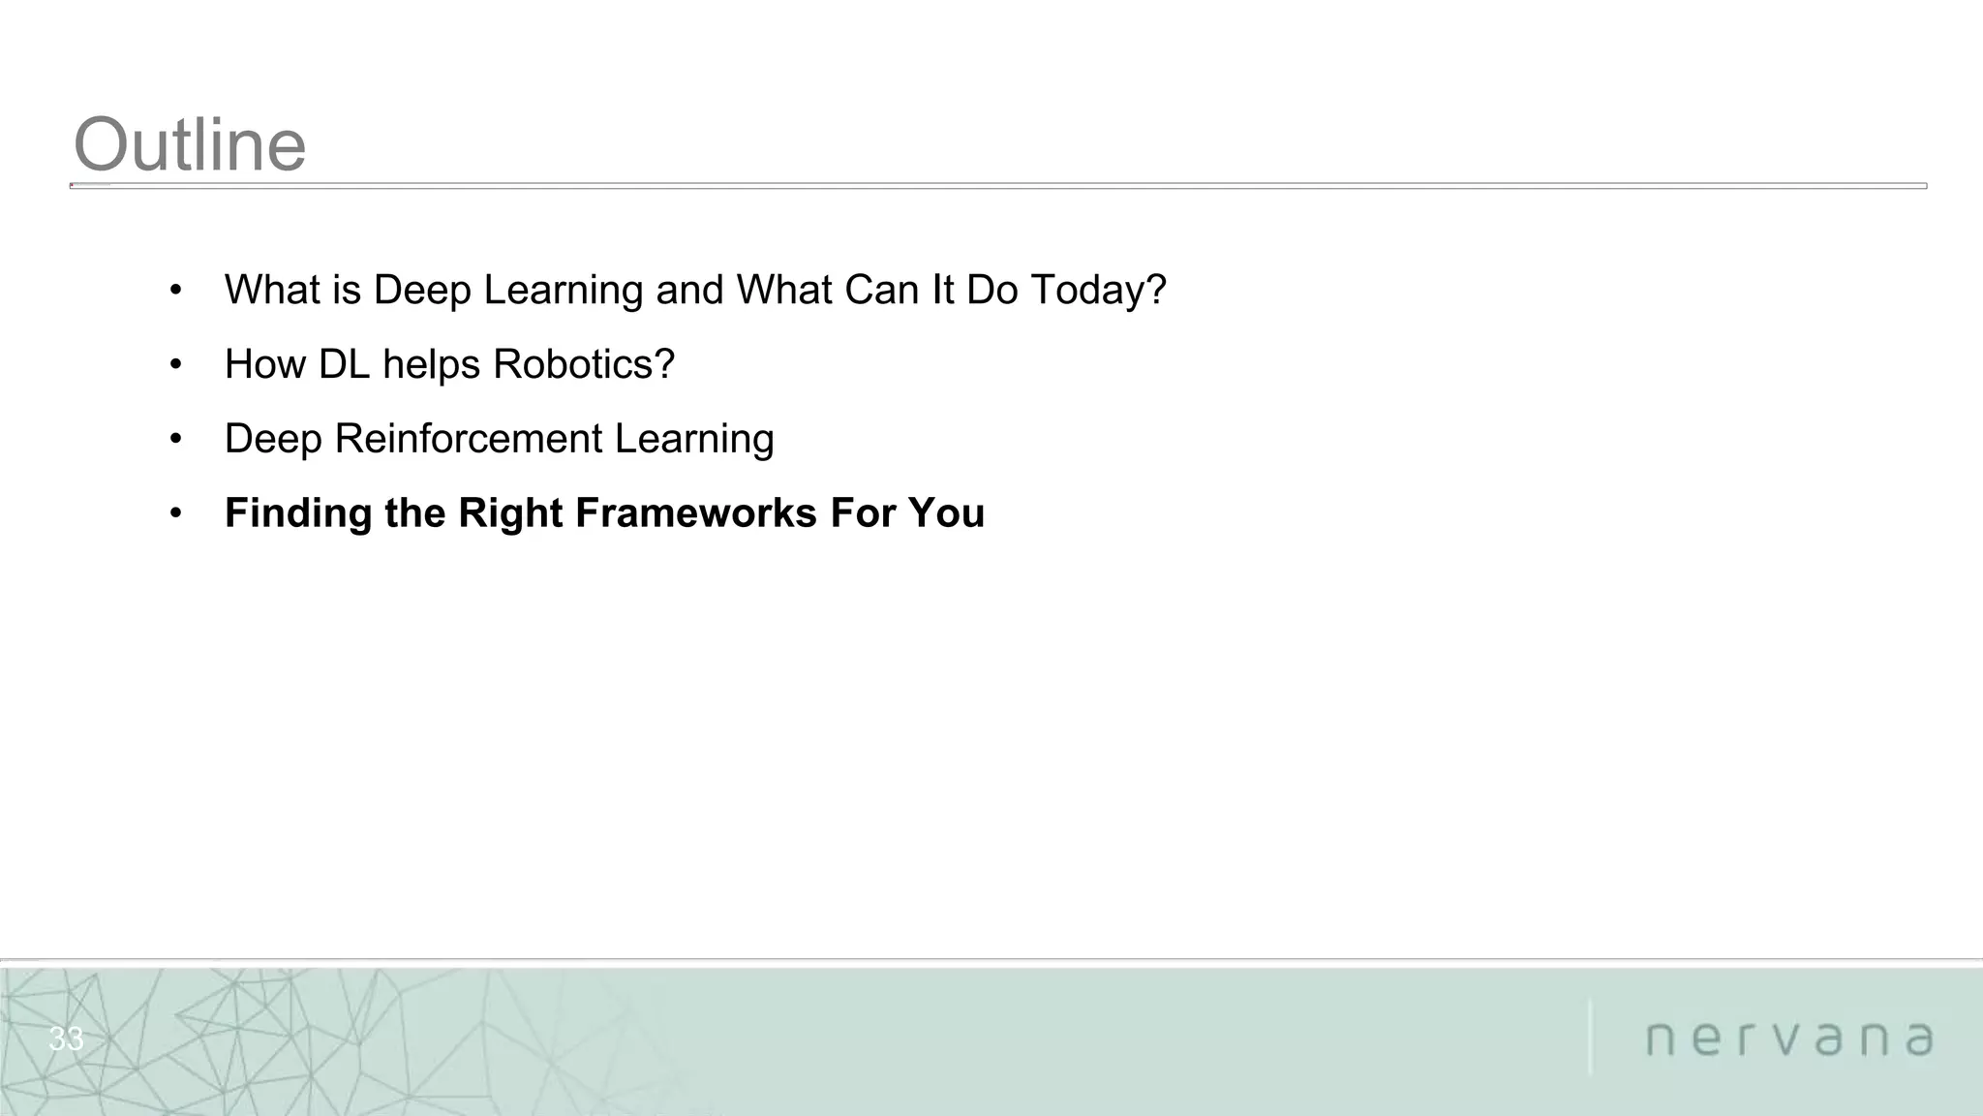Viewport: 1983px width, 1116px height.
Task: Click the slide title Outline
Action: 190,145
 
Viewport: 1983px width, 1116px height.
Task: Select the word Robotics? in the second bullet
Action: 583,364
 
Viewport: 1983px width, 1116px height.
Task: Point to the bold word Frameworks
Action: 696,513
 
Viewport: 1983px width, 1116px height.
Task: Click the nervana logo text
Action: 1789,1038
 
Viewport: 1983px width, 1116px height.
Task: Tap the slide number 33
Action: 66,1039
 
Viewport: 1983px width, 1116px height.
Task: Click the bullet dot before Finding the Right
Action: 175,513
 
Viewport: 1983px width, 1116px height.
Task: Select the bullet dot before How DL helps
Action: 175,365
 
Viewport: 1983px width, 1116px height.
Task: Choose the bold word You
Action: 946,513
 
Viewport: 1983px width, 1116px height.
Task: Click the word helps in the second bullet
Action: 432,364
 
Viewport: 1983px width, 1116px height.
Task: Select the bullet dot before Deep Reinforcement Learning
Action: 175,440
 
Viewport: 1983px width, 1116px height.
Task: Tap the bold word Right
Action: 510,513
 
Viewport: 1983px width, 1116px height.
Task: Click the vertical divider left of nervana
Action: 1590,1037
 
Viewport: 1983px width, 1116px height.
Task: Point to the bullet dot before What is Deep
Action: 175,291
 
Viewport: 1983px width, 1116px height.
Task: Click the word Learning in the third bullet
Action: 693,439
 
